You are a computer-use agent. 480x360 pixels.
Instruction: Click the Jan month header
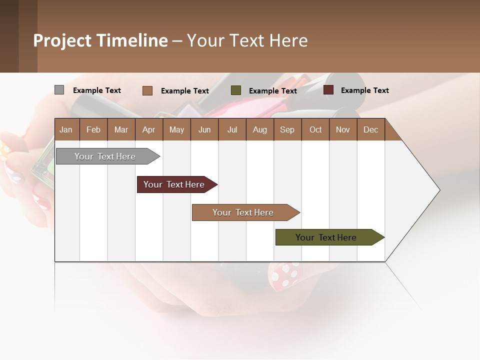(66, 129)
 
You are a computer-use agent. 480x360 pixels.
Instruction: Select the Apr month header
(148, 129)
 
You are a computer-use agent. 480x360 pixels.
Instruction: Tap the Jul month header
(232, 129)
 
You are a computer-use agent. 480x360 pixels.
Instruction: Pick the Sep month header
(287, 129)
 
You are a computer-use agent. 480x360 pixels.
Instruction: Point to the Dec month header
(370, 129)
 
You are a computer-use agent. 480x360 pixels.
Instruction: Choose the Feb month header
(93, 129)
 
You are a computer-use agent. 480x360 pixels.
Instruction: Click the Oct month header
(315, 129)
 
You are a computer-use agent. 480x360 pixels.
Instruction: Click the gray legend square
(59, 90)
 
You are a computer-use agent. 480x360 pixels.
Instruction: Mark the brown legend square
(147, 90)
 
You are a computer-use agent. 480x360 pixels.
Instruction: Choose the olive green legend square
(236, 90)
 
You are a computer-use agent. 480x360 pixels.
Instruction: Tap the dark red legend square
(328, 90)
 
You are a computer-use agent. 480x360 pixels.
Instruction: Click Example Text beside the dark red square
(364, 90)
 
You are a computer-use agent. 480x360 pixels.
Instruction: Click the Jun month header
(204, 129)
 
